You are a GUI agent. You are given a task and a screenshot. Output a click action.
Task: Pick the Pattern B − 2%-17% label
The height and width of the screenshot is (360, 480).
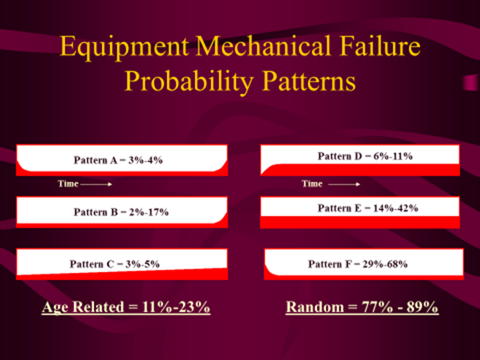tap(121, 213)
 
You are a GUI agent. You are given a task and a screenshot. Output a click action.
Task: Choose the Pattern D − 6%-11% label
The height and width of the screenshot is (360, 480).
tap(365, 157)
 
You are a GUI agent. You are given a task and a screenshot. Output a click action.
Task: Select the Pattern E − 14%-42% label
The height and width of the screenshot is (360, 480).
tap(367, 208)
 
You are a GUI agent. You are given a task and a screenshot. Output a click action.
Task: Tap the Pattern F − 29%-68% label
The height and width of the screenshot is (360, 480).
tap(358, 264)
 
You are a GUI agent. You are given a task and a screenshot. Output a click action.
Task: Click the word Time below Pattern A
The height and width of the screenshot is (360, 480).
tap(68, 183)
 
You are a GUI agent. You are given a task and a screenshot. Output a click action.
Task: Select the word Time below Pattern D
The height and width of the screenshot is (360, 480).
tap(312, 183)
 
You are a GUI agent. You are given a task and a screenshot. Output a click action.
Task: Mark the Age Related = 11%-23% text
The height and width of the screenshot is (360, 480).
tap(126, 308)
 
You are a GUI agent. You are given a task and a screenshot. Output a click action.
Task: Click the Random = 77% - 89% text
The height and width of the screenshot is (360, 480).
tap(362, 308)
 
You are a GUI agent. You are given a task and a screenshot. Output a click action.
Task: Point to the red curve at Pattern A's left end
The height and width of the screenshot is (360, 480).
tap(22, 166)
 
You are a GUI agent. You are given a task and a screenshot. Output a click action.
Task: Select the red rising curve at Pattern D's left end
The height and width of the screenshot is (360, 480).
tap(266, 169)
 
